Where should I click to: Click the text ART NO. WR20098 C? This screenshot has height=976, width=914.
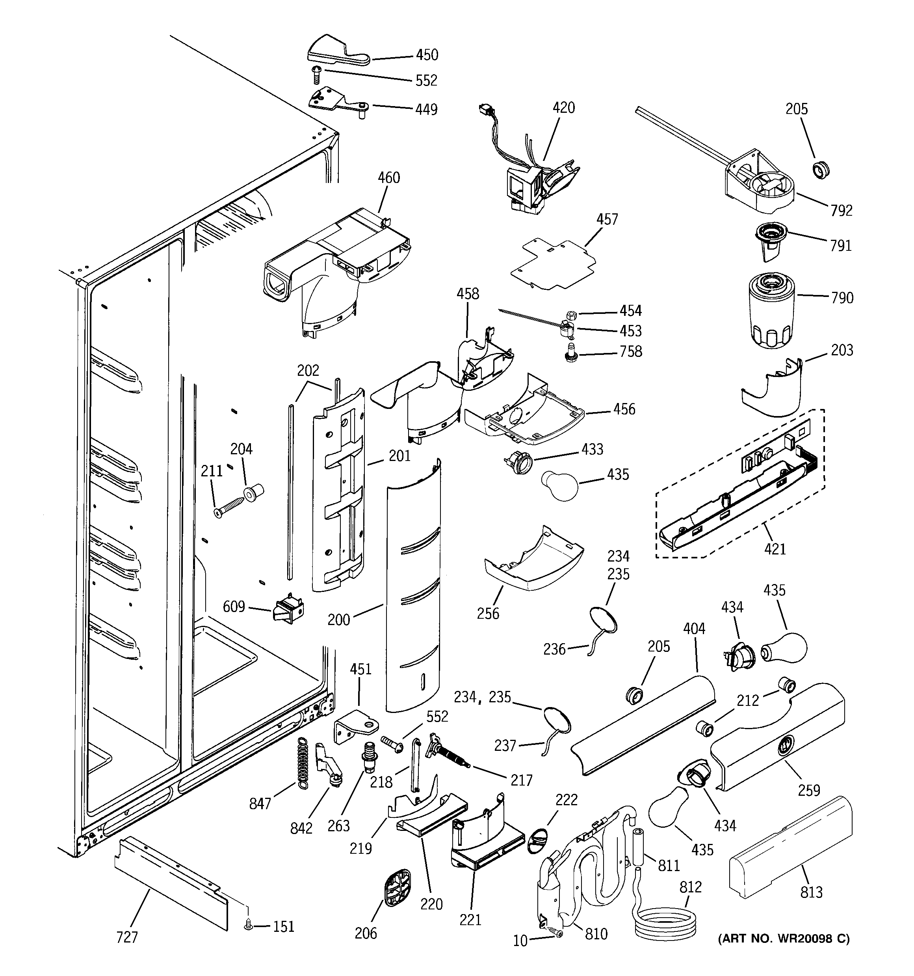click(x=784, y=939)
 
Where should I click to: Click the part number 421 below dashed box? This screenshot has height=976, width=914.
click(x=775, y=549)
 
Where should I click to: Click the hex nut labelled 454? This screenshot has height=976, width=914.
click(x=571, y=315)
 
